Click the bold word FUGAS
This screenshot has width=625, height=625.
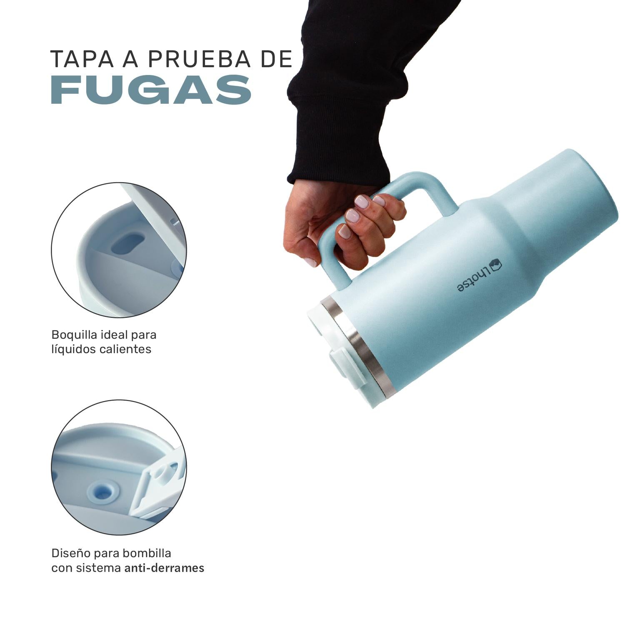point(151,90)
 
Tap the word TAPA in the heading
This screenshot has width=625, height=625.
point(82,59)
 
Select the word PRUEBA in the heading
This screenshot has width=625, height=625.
point(200,59)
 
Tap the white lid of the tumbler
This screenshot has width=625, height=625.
point(333,354)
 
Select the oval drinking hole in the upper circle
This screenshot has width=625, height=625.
point(128,243)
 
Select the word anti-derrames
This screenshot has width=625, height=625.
point(165,567)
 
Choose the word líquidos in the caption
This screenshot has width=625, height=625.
point(74,349)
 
